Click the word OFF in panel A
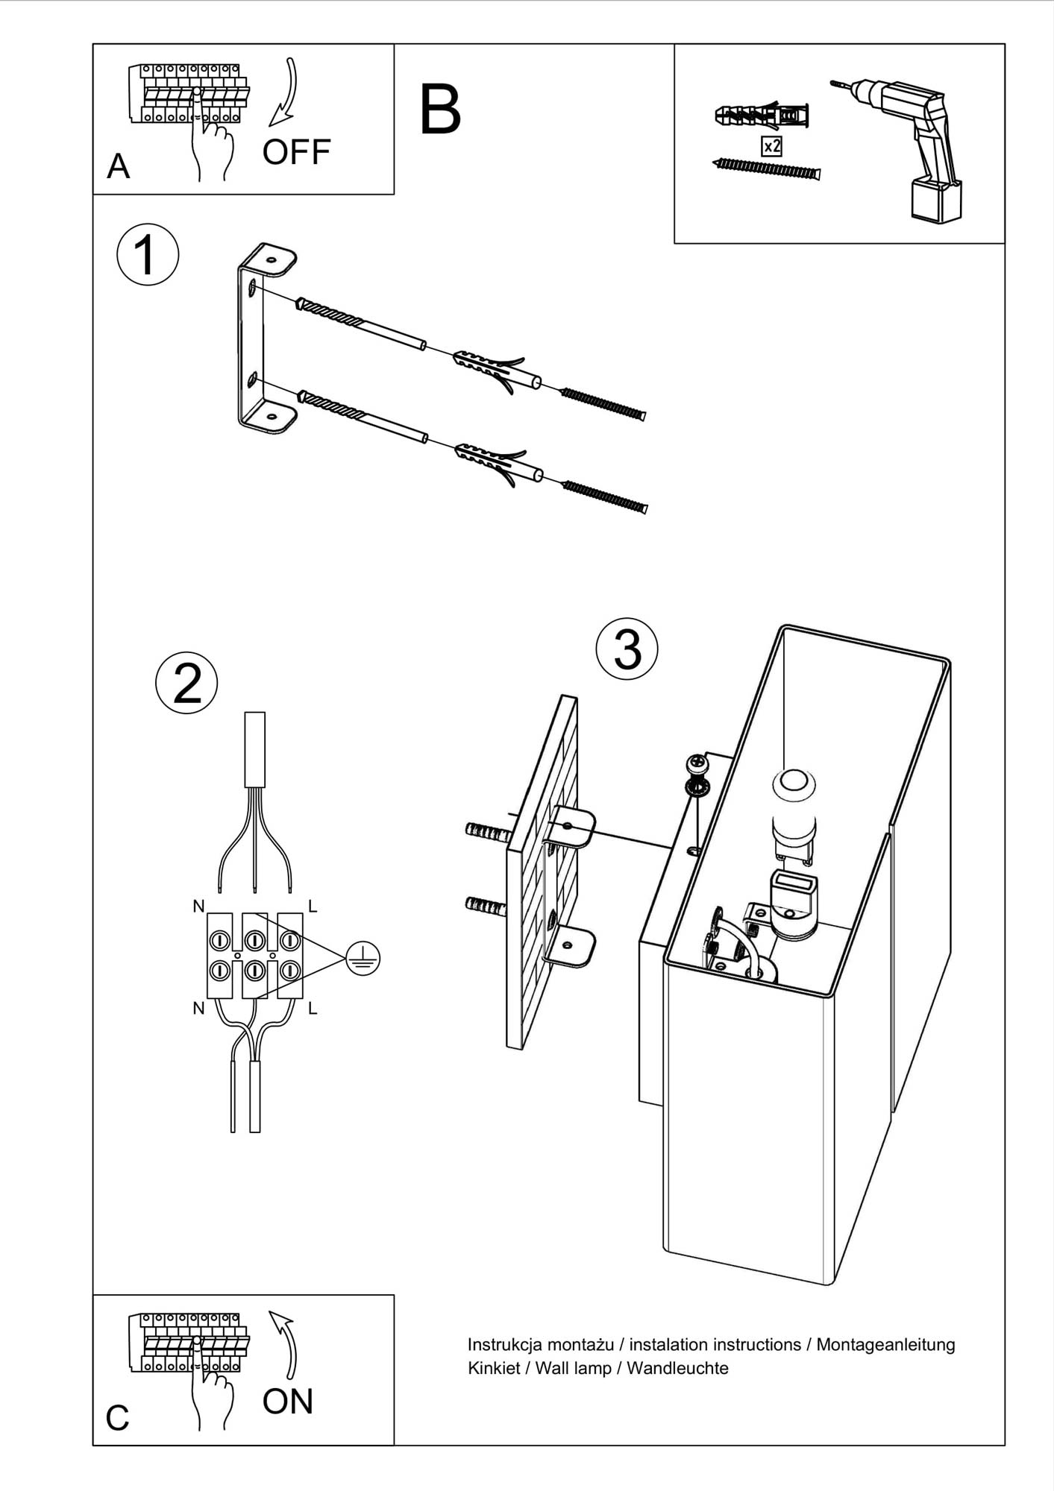296,152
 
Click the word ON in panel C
288,1402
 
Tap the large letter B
440,110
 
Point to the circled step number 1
148,255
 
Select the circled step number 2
186,683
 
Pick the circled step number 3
627,649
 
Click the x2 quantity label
771,146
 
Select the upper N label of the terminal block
198,907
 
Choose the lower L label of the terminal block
313,1009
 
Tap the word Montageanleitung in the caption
885,1345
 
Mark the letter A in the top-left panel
118,166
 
